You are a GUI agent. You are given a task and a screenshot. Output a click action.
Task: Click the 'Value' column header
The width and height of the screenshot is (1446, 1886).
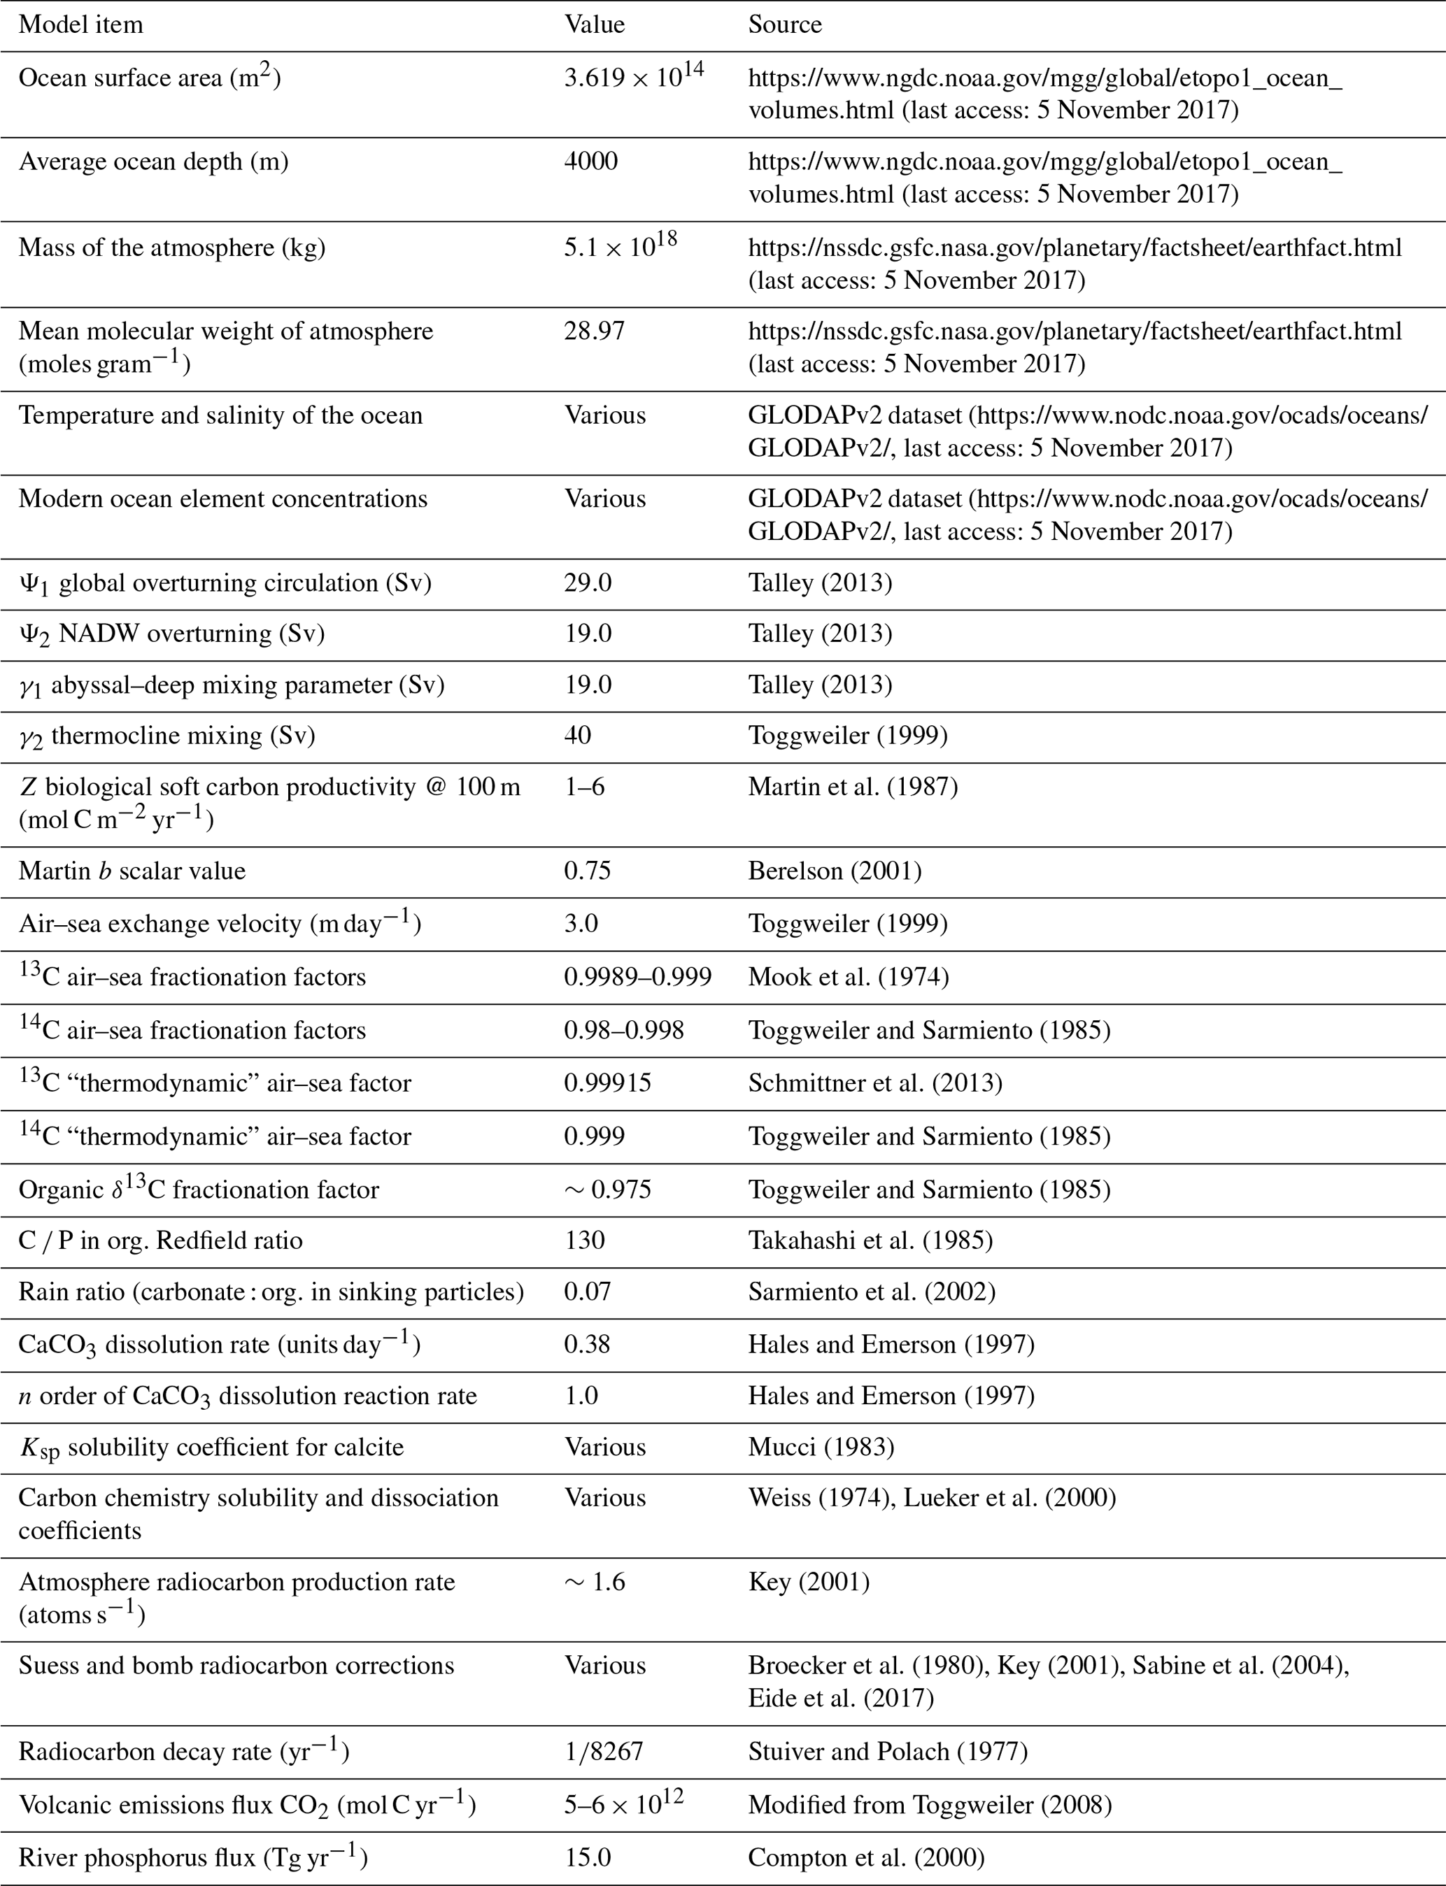click(x=594, y=24)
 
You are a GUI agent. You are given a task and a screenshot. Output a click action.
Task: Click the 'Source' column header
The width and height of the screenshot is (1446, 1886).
click(x=784, y=24)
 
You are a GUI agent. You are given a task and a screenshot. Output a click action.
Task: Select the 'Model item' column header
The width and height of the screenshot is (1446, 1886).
click(x=81, y=24)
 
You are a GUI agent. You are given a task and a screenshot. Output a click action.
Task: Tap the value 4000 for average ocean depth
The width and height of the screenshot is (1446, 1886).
click(x=590, y=161)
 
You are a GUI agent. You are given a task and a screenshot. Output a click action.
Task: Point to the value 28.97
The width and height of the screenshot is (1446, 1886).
click(x=594, y=331)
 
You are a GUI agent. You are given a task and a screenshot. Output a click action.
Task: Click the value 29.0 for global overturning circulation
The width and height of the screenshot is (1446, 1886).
click(x=587, y=583)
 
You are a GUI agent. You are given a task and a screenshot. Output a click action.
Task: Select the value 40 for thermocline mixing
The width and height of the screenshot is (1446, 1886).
click(x=578, y=736)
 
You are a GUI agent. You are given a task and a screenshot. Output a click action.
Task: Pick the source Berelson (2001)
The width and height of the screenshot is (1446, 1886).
click(x=834, y=871)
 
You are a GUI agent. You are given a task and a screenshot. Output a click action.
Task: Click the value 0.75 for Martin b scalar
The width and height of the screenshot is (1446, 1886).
click(x=587, y=871)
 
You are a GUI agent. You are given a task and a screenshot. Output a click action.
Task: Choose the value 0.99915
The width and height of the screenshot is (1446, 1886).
click(x=607, y=1083)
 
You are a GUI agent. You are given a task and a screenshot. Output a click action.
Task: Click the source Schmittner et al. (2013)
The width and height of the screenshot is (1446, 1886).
click(x=874, y=1083)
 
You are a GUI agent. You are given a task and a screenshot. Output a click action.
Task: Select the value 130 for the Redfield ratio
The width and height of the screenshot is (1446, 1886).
click(x=584, y=1240)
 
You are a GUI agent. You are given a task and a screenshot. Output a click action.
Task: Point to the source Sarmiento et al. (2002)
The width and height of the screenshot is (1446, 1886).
click(x=871, y=1292)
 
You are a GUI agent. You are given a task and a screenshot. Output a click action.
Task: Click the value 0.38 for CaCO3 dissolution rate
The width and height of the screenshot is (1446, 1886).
click(x=587, y=1344)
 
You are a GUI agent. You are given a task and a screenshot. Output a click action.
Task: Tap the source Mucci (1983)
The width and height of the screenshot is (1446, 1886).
click(x=821, y=1448)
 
